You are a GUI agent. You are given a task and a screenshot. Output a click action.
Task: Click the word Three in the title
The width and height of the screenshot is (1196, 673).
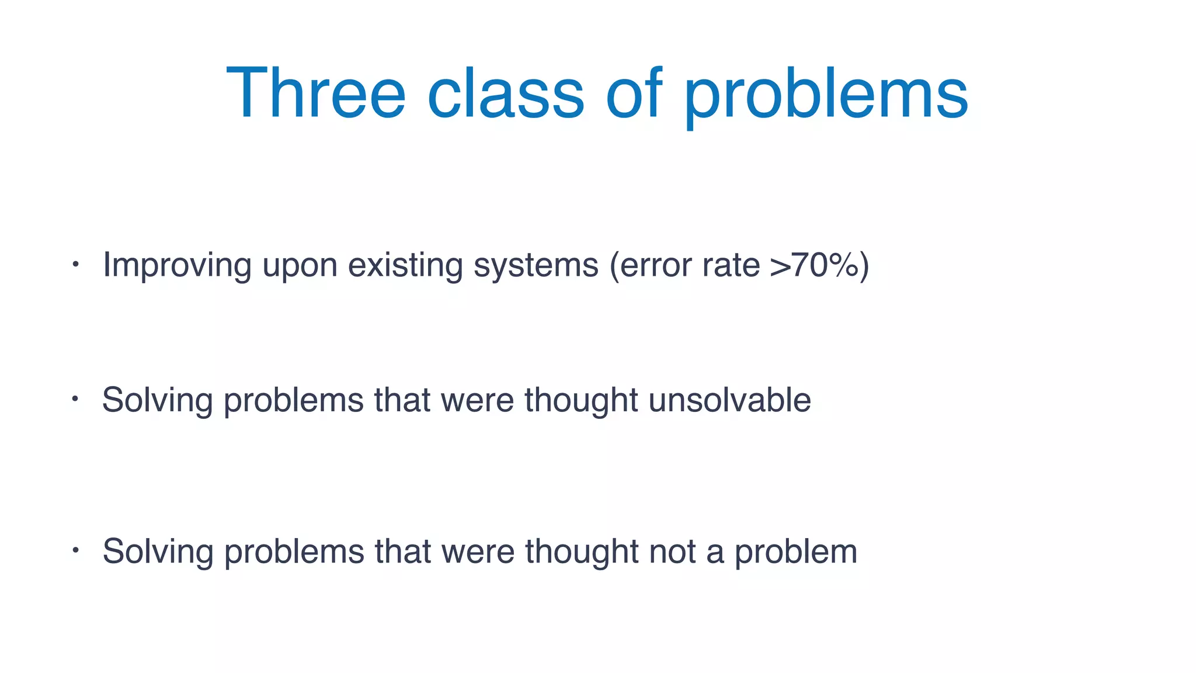click(x=315, y=93)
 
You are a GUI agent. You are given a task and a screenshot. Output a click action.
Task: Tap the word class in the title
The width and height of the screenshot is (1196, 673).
click(x=505, y=93)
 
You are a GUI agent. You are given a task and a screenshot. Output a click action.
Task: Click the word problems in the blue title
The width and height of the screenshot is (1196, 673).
click(x=826, y=96)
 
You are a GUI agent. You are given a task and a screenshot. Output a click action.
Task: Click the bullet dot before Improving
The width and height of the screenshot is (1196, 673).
click(x=75, y=265)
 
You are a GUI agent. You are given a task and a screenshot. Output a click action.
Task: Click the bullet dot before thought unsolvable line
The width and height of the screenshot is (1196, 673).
click(x=75, y=400)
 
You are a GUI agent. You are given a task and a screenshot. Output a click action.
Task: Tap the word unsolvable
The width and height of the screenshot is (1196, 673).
click(x=729, y=400)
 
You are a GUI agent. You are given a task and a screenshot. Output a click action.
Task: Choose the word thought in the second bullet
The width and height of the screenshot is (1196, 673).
click(x=581, y=400)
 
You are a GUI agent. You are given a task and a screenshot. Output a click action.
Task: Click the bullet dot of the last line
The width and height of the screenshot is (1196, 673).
click(x=75, y=550)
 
